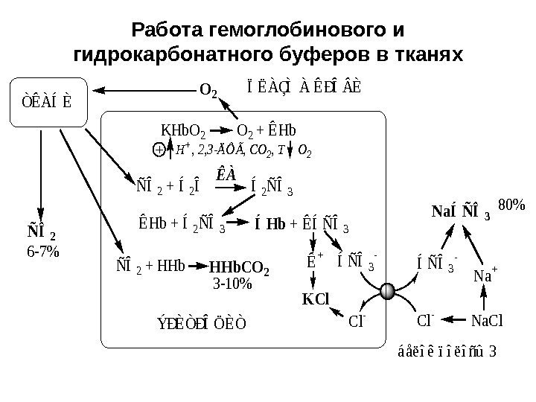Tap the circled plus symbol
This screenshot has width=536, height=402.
coord(158,150)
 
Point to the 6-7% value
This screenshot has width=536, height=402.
coord(42,252)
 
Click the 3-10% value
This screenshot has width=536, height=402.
coord(234,283)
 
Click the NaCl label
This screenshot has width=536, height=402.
coord(488,322)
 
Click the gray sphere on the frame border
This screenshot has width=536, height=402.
coord(388,292)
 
